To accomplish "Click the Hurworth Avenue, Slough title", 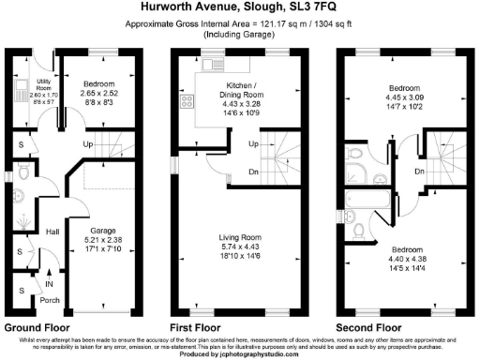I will [240, 7].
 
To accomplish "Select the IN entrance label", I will [49, 282].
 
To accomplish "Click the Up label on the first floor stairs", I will [253, 144].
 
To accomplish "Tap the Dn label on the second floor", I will [419, 172].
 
